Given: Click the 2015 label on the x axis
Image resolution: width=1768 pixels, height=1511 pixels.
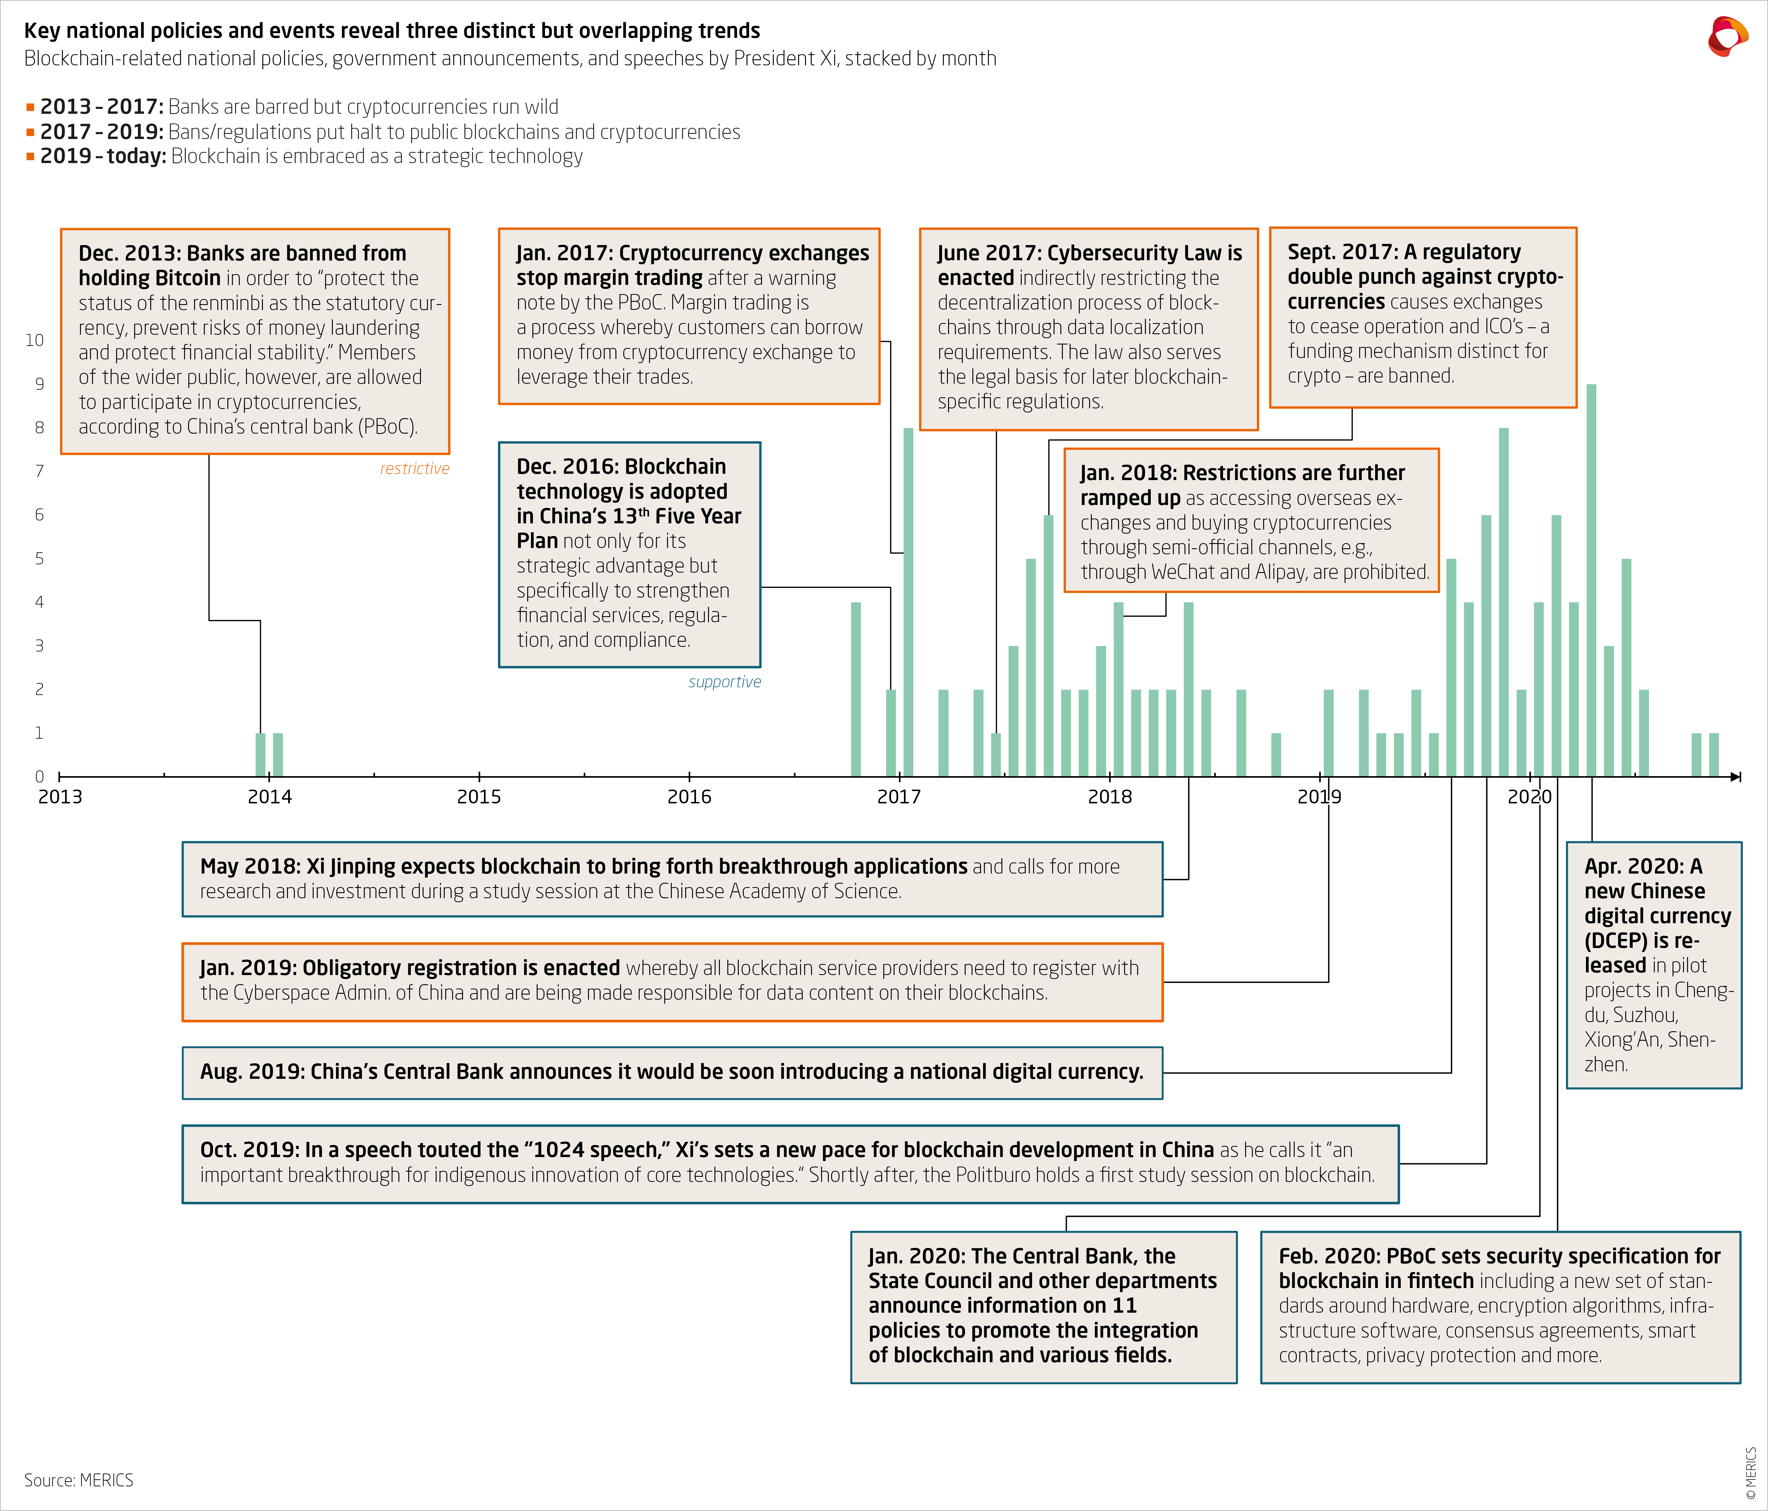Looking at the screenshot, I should pos(479,797).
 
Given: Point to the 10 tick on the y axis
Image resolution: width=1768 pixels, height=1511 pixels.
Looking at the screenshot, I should pos(34,340).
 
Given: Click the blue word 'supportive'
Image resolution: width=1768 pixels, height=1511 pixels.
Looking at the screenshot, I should pos(724,682).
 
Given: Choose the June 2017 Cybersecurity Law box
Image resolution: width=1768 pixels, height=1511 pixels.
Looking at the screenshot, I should pos(1088,328).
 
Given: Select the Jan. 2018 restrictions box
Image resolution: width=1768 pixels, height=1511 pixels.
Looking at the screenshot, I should pos(1251,520).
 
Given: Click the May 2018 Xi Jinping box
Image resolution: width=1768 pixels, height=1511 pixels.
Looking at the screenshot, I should pos(671,879).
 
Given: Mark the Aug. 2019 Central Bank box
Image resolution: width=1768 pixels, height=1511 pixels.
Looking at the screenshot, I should pos(671,1072).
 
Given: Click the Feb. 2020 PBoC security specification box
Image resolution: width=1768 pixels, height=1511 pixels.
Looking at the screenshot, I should pos(1499,1306).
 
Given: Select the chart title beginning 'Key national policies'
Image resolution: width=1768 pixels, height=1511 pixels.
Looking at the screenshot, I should pos(392,31).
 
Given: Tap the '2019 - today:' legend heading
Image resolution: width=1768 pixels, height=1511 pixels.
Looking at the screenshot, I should pos(102,156).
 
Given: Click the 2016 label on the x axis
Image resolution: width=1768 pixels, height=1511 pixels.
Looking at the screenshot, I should pos(689,797).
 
